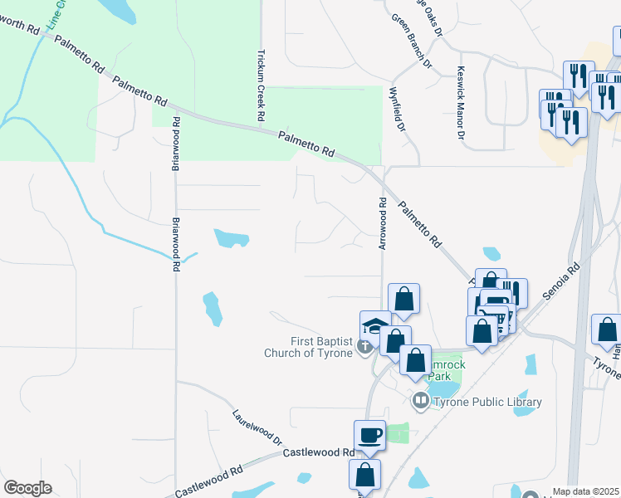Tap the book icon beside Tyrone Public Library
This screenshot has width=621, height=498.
(x=421, y=402)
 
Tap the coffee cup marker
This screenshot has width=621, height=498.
(x=369, y=435)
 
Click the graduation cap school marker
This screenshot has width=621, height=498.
(x=375, y=325)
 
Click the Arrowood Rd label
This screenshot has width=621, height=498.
(x=383, y=222)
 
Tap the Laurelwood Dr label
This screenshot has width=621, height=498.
(x=257, y=427)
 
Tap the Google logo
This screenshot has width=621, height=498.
(x=27, y=488)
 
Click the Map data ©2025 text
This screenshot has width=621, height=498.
(x=584, y=491)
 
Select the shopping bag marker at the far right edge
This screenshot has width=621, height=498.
(x=606, y=330)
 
